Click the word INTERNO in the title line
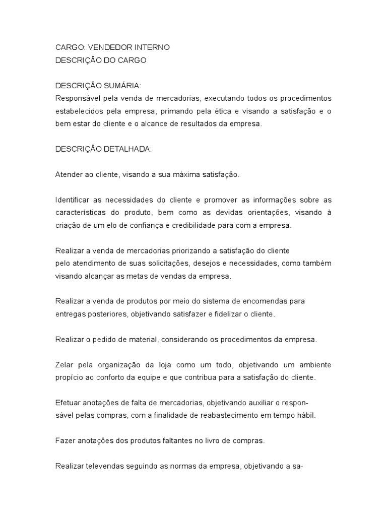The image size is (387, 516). [x=152, y=47]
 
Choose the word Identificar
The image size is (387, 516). [x=72, y=200]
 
